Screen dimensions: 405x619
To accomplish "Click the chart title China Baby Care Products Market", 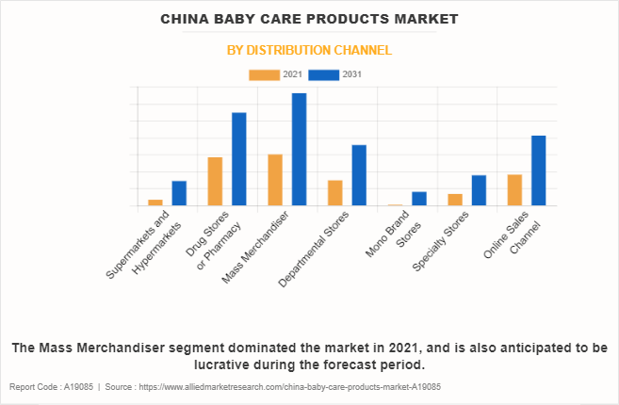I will pyautogui.click(x=309, y=19).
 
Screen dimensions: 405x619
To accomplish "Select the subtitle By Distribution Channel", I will pyautogui.click(x=309, y=50).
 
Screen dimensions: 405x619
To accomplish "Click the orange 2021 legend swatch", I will pyautogui.click(x=264, y=74).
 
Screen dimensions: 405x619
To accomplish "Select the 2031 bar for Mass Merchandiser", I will pyautogui.click(x=299, y=149).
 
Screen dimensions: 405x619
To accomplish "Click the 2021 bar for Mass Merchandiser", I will pyautogui.click(x=275, y=180).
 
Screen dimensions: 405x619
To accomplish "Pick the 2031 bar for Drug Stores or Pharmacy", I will pyautogui.click(x=239, y=159).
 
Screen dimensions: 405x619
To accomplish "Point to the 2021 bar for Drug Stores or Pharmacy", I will pyautogui.click(x=215, y=181).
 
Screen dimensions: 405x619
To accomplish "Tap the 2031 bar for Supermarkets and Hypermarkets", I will pyautogui.click(x=179, y=193).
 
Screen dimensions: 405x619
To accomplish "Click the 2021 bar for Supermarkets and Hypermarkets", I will pyautogui.click(x=155, y=202).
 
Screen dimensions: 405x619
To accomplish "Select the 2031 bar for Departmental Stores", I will pyautogui.click(x=359, y=175).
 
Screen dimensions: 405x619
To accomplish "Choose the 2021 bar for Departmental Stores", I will pyautogui.click(x=335, y=193).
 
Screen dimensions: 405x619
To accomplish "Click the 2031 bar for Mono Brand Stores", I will pyautogui.click(x=419, y=199).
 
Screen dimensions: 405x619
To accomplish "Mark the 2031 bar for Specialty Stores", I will pyautogui.click(x=479, y=190).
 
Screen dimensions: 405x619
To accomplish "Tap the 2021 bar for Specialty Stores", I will pyautogui.click(x=455, y=200).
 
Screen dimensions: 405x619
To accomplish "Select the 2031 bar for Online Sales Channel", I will pyautogui.click(x=539, y=170).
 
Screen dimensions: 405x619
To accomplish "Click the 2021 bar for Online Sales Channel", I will pyautogui.click(x=514, y=190).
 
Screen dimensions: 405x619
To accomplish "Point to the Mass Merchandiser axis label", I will pyautogui.click(x=256, y=247).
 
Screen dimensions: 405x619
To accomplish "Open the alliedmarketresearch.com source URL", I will pyautogui.click(x=286, y=387).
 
